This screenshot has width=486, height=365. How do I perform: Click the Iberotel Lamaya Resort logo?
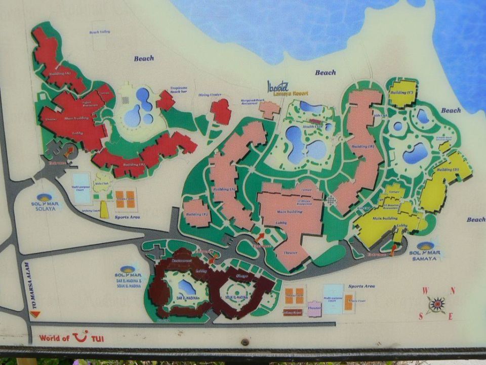tap(287, 87)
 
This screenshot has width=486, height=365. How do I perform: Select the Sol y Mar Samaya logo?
tap(425, 249)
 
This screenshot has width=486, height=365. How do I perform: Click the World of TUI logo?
tap(71, 337)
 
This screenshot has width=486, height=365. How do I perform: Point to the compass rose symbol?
tap(436, 305)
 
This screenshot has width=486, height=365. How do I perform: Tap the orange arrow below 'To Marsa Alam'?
tap(34, 314)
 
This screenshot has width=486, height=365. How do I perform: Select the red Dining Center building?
tap(221, 111)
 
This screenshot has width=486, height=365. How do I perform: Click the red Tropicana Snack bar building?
tap(166, 101)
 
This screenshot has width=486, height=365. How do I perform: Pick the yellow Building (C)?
tap(403, 93)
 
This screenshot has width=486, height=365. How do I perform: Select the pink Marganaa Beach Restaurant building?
tap(270, 109)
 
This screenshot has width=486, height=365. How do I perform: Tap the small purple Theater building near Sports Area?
tap(314, 309)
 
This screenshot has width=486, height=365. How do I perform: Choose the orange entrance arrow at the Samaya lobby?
tap(393, 249)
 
